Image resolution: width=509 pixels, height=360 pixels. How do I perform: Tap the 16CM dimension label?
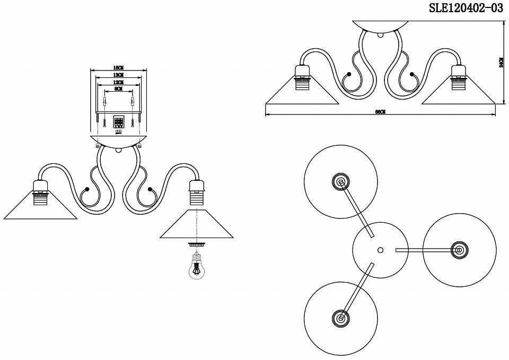point(118,68)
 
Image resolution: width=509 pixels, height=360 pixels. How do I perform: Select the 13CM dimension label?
point(118,75)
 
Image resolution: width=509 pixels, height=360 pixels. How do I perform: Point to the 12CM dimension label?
point(118,83)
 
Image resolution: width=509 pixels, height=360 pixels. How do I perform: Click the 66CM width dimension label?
point(380,112)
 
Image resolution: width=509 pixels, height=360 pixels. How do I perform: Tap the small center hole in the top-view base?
point(380,250)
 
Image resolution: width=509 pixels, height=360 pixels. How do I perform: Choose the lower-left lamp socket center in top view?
point(340,318)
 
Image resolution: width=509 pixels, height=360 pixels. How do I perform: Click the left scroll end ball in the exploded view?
point(86,189)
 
